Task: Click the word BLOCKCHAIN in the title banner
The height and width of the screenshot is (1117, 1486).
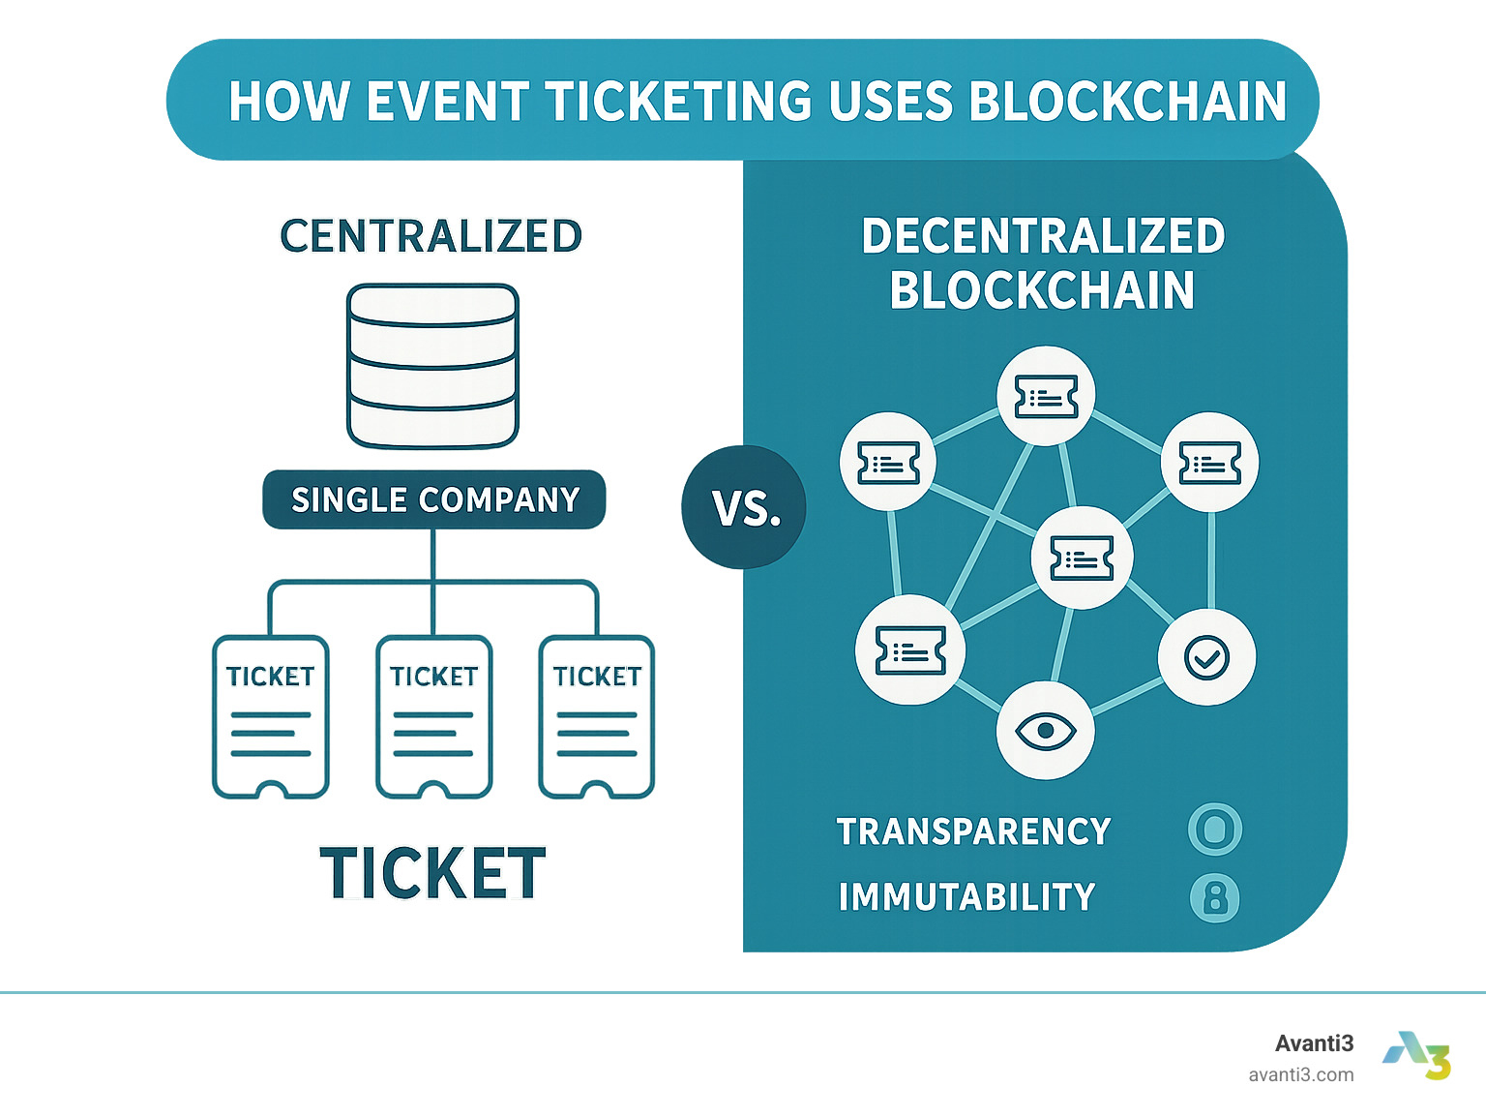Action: tap(1127, 101)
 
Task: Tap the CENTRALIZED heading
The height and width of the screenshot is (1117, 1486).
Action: tap(431, 236)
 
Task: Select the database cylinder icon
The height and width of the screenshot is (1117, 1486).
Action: tap(432, 366)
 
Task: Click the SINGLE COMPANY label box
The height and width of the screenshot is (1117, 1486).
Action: tap(434, 499)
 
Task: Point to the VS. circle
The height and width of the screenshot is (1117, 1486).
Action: tap(744, 506)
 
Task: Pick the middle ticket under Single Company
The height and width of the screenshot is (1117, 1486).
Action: tap(433, 716)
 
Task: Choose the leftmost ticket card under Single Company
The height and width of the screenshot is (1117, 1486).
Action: tap(271, 716)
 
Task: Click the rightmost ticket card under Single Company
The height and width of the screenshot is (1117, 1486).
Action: tap(597, 716)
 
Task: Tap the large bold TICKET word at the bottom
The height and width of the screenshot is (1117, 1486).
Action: tap(432, 873)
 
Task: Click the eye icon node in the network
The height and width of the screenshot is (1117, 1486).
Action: tap(1045, 730)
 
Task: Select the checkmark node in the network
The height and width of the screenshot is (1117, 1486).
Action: tap(1206, 657)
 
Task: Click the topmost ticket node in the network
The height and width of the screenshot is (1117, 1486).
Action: tap(1046, 396)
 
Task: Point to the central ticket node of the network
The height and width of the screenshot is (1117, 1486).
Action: tap(1082, 558)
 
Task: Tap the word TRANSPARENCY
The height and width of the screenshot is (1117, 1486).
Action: tap(973, 831)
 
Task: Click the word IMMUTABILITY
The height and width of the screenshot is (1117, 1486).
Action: tap(966, 897)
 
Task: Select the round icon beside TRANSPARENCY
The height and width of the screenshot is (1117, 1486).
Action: tap(1214, 830)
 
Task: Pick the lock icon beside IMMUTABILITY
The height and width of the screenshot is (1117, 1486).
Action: tap(1214, 897)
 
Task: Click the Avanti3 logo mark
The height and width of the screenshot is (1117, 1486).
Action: tap(1417, 1055)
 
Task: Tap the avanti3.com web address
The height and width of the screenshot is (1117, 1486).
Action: tap(1300, 1074)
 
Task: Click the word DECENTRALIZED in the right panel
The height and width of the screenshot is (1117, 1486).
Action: tap(1043, 236)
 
